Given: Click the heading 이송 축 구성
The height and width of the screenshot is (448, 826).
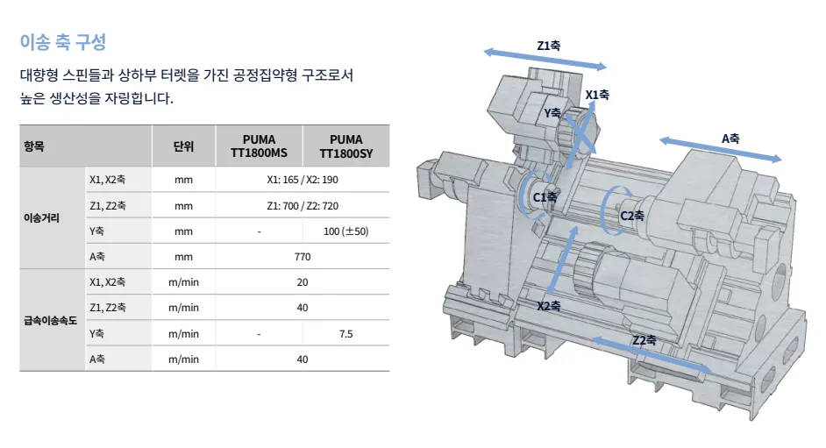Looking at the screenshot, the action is pyautogui.click(x=63, y=42).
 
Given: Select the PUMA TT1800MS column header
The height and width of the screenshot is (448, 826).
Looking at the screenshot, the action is pyautogui.click(x=259, y=146).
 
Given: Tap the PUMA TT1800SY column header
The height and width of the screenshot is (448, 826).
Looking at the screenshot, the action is pyautogui.click(x=346, y=146).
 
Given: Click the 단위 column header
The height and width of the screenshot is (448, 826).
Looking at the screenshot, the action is pyautogui.click(x=183, y=146).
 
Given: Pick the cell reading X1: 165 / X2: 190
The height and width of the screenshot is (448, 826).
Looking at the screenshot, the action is pyautogui.click(x=303, y=180).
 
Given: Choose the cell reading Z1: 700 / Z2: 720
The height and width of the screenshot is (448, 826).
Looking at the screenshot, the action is pyautogui.click(x=303, y=206).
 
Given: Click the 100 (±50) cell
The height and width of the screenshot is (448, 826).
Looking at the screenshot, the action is pyautogui.click(x=346, y=231).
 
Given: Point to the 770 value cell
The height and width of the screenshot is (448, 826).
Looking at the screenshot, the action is pyautogui.click(x=303, y=257).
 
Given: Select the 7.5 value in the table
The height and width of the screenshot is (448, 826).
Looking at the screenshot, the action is pyautogui.click(x=346, y=334).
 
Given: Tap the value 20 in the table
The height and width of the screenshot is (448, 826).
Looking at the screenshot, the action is pyautogui.click(x=303, y=282).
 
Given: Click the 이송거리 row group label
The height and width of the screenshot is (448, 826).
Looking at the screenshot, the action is pyautogui.click(x=41, y=218).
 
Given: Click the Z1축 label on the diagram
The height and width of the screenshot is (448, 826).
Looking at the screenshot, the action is pyautogui.click(x=548, y=46).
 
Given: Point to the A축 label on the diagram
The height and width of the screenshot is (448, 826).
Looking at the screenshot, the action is pyautogui.click(x=730, y=139).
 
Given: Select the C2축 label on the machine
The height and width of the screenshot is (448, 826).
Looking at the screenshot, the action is pyautogui.click(x=632, y=216).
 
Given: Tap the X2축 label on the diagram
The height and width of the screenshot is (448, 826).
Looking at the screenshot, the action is pyautogui.click(x=549, y=306).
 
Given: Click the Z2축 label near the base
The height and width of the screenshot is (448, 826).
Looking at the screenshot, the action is pyautogui.click(x=644, y=341).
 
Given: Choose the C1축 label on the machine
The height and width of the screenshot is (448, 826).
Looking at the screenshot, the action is pyautogui.click(x=545, y=197).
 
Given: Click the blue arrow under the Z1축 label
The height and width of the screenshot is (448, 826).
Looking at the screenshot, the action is pyautogui.click(x=545, y=59).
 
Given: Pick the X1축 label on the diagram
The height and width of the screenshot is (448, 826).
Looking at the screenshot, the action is pyautogui.click(x=597, y=95).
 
